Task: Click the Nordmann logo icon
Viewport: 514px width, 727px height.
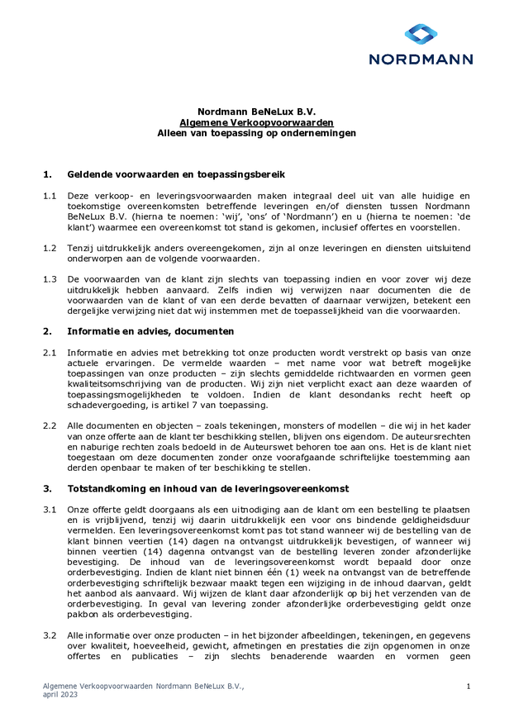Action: pos(421,35)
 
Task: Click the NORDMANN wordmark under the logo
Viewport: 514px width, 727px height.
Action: pos(421,59)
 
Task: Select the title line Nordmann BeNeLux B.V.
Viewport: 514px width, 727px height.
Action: pos(256,112)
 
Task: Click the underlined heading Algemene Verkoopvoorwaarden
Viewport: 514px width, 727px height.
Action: pos(256,122)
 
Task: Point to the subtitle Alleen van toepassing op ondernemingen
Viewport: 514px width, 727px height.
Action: pos(256,133)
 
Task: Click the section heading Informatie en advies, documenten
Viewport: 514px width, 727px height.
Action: pos(150,331)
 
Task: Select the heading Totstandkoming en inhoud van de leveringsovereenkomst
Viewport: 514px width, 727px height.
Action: pos(207,488)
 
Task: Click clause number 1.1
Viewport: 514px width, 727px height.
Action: pos(50,196)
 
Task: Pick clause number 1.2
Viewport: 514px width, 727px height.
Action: pos(50,248)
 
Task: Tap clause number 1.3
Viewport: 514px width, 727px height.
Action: pos(50,279)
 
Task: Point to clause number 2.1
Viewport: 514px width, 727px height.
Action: pos(50,353)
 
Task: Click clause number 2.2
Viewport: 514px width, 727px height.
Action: pos(50,425)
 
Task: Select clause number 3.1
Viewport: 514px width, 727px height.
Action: pos(50,510)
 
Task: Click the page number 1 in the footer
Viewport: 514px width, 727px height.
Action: pos(469,687)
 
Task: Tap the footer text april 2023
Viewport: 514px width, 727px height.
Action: pos(63,695)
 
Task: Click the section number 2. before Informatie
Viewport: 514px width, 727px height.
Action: pos(47,331)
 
